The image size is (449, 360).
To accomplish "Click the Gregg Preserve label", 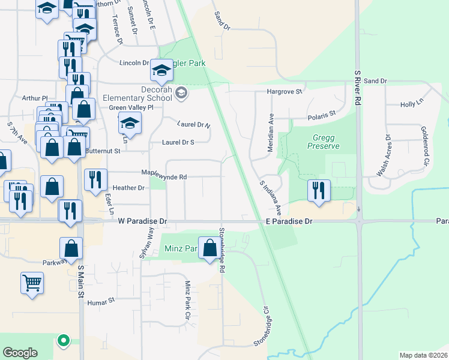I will [321, 142].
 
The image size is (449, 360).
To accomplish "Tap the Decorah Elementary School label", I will [137, 93].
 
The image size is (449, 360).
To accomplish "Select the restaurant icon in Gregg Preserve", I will [319, 191].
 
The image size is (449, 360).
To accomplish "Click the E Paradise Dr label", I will [289, 221].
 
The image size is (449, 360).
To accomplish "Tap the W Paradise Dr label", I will [143, 221].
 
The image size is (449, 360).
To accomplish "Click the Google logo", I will [20, 353].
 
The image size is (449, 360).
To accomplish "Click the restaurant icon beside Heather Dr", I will [95, 180].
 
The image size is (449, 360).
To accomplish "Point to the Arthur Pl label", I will [34, 98].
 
